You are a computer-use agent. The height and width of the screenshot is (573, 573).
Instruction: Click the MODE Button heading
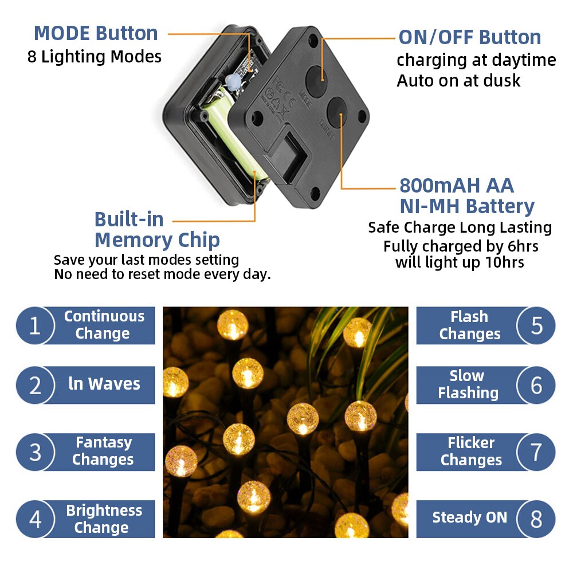pyautogui.click(x=96, y=33)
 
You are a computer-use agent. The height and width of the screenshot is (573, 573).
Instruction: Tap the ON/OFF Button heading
pyautogui.click(x=469, y=37)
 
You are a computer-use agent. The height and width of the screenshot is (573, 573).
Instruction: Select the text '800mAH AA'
pyautogui.click(x=456, y=186)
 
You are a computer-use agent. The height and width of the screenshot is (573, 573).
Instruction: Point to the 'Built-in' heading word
pyautogui.click(x=129, y=219)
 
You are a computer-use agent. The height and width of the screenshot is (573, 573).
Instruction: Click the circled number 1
pyautogui.click(x=35, y=325)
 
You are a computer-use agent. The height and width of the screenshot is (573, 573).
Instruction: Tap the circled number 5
pyautogui.click(x=536, y=325)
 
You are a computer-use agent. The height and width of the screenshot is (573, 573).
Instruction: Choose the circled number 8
pyautogui.click(x=536, y=519)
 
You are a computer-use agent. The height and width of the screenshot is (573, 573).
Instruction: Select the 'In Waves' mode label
pyautogui.click(x=104, y=384)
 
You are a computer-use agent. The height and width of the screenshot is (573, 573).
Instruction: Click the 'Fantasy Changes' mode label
pyautogui.click(x=103, y=451)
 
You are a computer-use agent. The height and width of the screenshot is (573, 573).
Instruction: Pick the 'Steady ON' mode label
pyautogui.click(x=469, y=518)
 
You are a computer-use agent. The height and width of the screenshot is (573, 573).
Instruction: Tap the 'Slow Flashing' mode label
pyautogui.click(x=468, y=384)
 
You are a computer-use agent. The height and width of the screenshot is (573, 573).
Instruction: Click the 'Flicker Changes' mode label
pyautogui.click(x=471, y=452)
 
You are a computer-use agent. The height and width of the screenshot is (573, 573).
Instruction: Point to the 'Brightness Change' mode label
pyautogui.click(x=103, y=519)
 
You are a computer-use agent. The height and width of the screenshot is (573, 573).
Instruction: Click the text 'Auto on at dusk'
pyautogui.click(x=458, y=81)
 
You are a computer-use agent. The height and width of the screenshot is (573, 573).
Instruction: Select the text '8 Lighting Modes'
pyautogui.click(x=95, y=57)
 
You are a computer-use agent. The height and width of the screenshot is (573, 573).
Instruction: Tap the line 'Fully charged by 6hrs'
pyautogui.click(x=461, y=246)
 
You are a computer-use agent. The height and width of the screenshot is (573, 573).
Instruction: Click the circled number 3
pyautogui.click(x=35, y=452)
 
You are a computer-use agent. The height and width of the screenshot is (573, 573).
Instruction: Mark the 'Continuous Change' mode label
pyautogui.click(x=104, y=325)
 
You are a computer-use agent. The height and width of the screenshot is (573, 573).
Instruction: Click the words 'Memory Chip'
pyautogui.click(x=157, y=240)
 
